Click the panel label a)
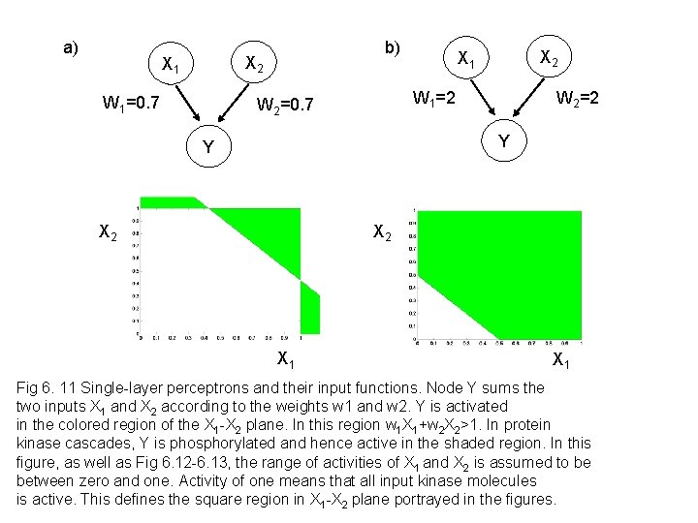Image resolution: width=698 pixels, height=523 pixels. click(x=71, y=47)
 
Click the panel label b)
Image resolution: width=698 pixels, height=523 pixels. click(x=392, y=47)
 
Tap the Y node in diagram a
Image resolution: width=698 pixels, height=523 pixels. click(x=206, y=148)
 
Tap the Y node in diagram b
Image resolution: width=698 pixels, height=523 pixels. click(x=502, y=140)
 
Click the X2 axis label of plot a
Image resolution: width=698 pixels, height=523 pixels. click(x=109, y=232)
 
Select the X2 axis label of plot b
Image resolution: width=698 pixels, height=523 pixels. click(x=383, y=233)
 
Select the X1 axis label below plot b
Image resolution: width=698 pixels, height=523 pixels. click(x=560, y=361)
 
